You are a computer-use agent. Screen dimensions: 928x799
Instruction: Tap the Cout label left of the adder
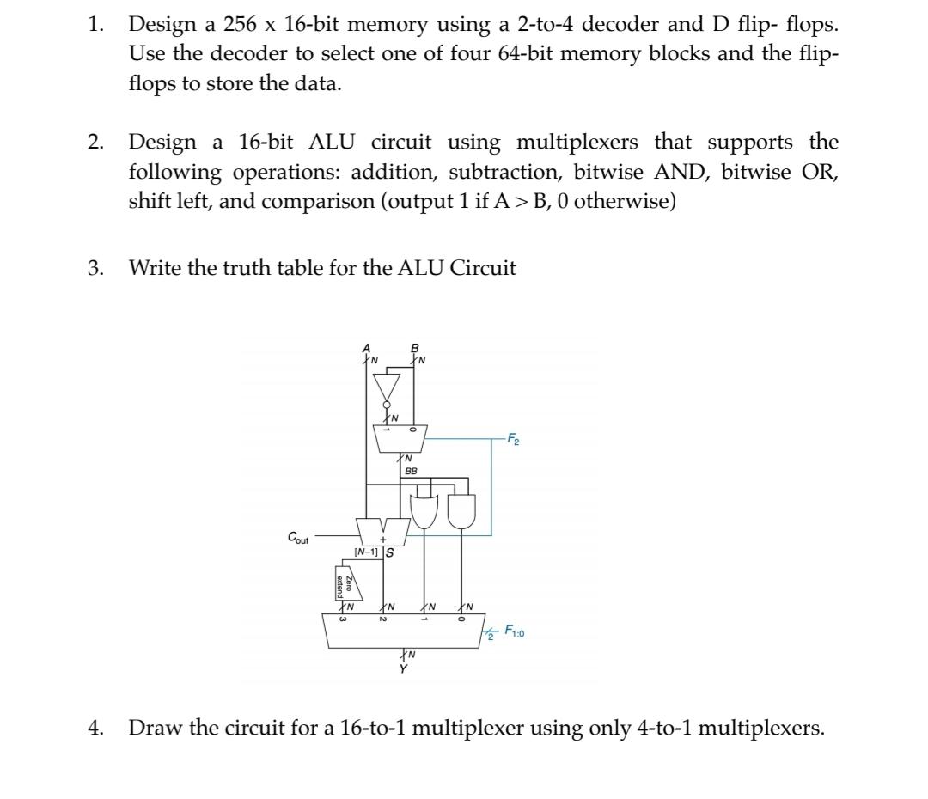298,538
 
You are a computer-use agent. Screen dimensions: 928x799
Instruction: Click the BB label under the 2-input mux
411,472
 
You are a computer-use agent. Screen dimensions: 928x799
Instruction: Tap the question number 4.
94,729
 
